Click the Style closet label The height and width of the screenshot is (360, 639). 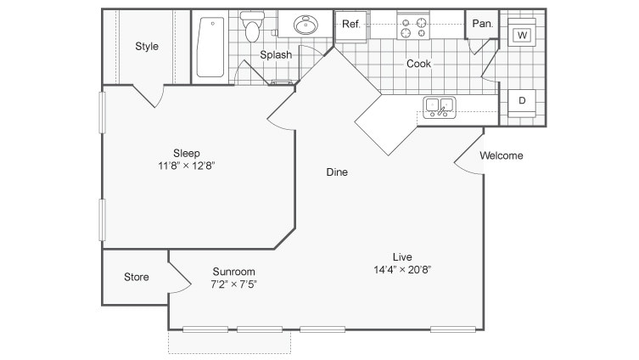147,47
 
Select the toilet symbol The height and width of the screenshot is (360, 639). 252,28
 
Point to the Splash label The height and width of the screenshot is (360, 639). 276,55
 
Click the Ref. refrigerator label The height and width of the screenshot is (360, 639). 351,25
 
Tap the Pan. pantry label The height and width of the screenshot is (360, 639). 483,25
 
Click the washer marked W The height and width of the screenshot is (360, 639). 522,35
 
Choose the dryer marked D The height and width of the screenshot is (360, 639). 522,100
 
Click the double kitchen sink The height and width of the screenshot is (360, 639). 440,107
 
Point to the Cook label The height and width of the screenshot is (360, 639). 418,64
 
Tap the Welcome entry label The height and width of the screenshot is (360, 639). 502,156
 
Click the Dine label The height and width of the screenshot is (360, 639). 338,172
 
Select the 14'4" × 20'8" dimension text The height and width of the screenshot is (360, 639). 402,269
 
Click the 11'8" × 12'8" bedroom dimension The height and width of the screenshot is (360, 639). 187,166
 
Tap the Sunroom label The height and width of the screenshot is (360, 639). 233,272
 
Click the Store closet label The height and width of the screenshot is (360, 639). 137,277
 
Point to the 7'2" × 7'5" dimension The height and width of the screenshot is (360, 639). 233,284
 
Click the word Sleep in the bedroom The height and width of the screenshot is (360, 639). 187,153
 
